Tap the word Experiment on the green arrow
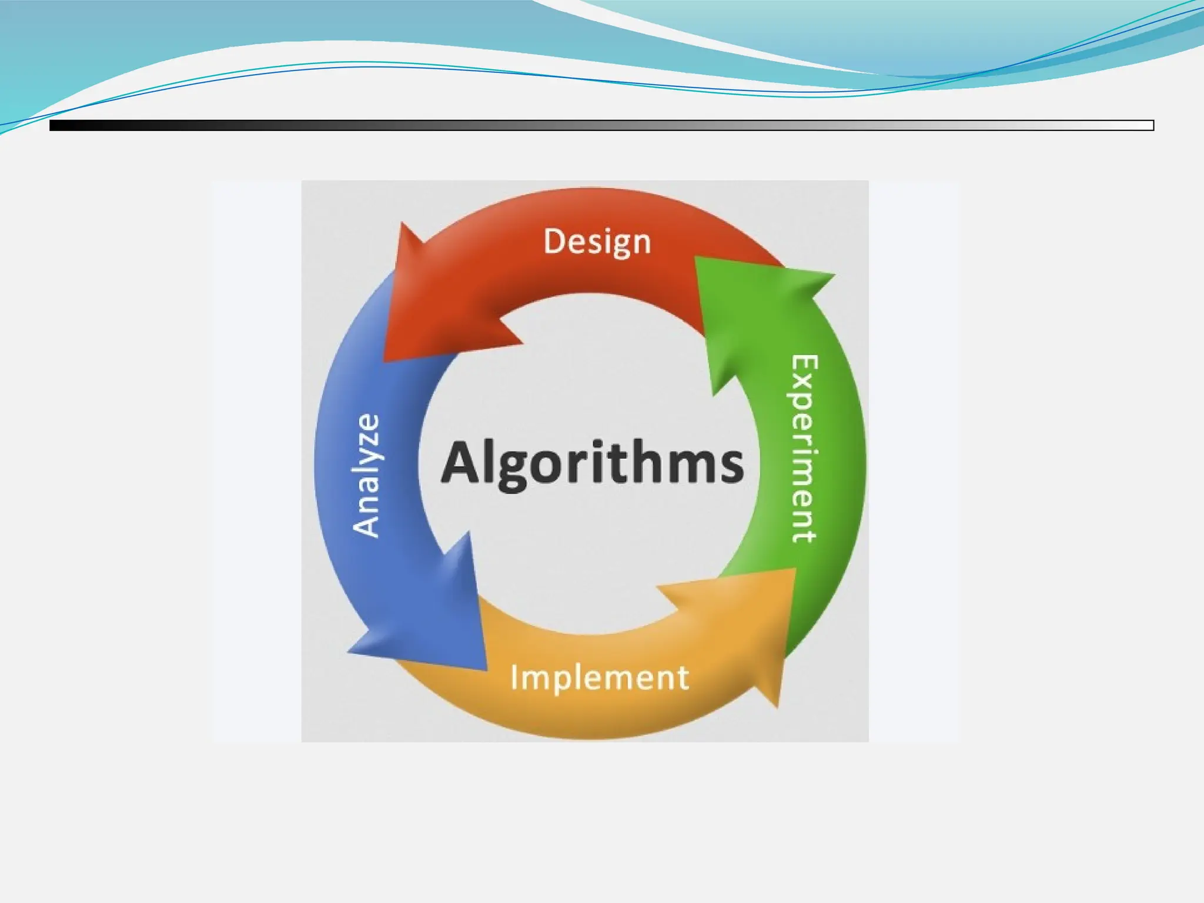pos(803,448)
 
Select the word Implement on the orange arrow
pos(599,677)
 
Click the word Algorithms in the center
pos(592,463)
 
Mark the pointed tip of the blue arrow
pos(486,669)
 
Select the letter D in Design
pos(554,241)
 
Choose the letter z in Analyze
pos(367,448)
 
